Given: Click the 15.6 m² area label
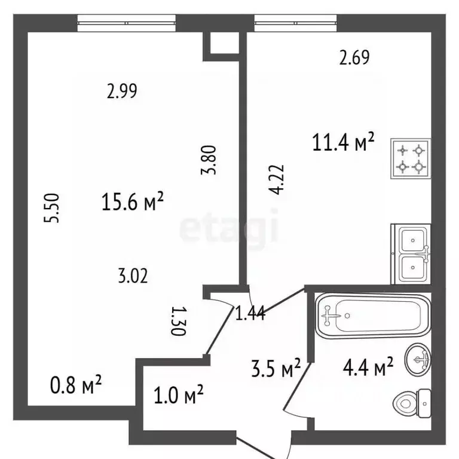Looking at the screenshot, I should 133,203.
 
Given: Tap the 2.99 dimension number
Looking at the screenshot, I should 122,91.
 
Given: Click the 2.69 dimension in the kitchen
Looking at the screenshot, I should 354,57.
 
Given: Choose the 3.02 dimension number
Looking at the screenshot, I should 132,276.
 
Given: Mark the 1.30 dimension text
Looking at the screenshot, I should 176,321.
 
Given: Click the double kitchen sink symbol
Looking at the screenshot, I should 411,253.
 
